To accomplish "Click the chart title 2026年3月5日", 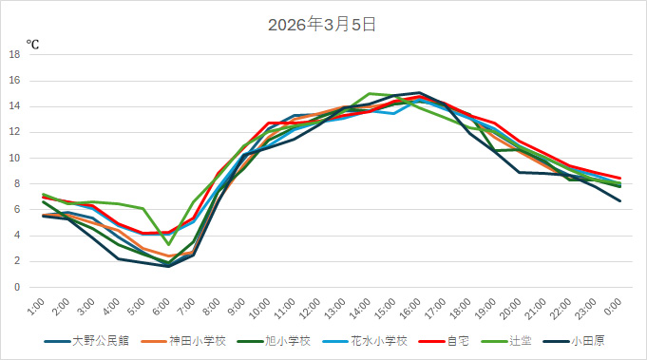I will [323, 25].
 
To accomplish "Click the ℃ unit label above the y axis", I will [32, 44].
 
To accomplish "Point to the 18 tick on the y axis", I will [14, 54].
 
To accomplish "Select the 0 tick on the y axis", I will [17, 287].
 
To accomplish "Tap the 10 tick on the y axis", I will [14, 158].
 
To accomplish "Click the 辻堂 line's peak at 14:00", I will [370, 94].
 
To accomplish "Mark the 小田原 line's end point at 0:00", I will [619, 200].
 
